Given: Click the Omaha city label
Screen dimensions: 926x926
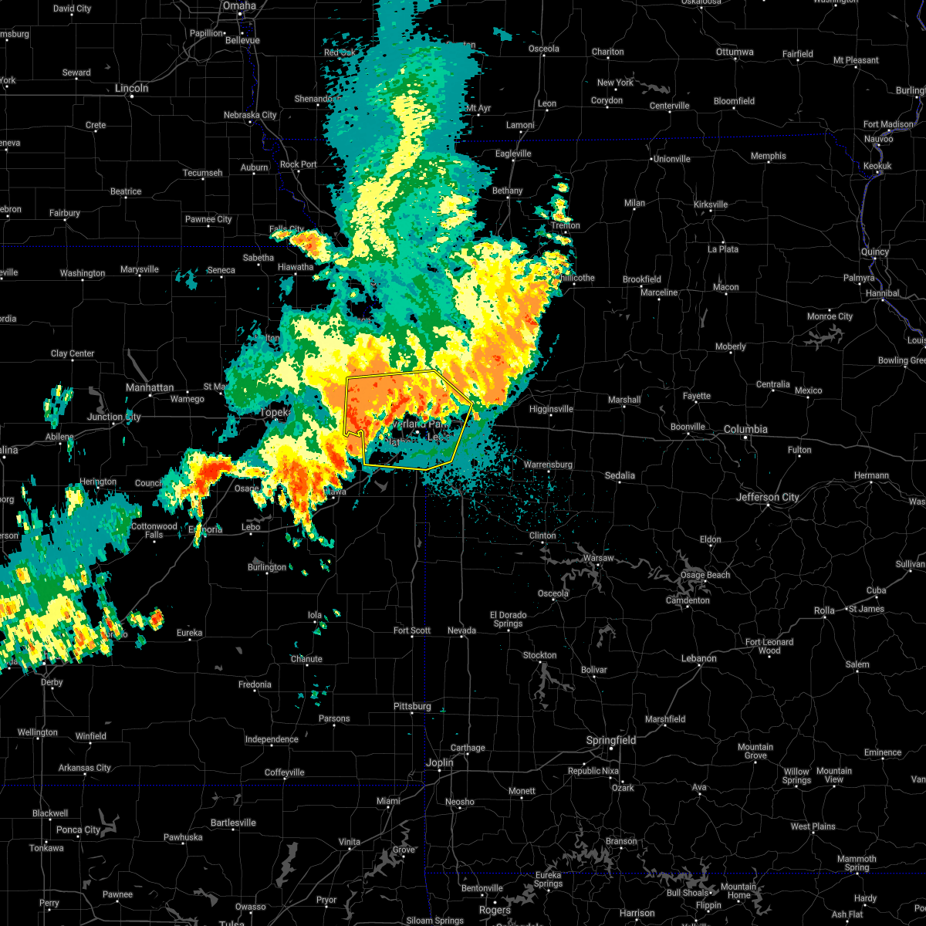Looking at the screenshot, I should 239,5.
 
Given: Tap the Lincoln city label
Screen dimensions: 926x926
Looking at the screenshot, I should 131,88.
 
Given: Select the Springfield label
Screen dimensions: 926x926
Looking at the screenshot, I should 611,740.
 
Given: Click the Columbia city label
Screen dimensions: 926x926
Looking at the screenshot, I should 745,429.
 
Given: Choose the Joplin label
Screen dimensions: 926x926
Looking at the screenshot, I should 440,762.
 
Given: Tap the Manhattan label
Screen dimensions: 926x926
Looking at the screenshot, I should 150,387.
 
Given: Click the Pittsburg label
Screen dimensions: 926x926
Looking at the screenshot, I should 412,706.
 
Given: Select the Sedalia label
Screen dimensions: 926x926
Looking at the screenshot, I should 620,475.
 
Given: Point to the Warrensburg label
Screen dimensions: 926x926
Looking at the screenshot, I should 548,465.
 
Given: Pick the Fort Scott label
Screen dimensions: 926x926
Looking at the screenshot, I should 412,630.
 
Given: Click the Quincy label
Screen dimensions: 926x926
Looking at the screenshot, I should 874,252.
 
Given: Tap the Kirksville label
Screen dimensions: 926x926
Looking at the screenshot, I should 711,204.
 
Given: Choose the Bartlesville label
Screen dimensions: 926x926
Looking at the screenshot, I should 232,823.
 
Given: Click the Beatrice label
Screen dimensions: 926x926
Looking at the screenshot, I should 126,191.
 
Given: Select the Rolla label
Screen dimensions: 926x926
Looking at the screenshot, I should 824,610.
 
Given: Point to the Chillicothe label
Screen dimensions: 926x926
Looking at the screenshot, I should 576,278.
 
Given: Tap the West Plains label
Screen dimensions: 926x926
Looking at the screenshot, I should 813,826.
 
